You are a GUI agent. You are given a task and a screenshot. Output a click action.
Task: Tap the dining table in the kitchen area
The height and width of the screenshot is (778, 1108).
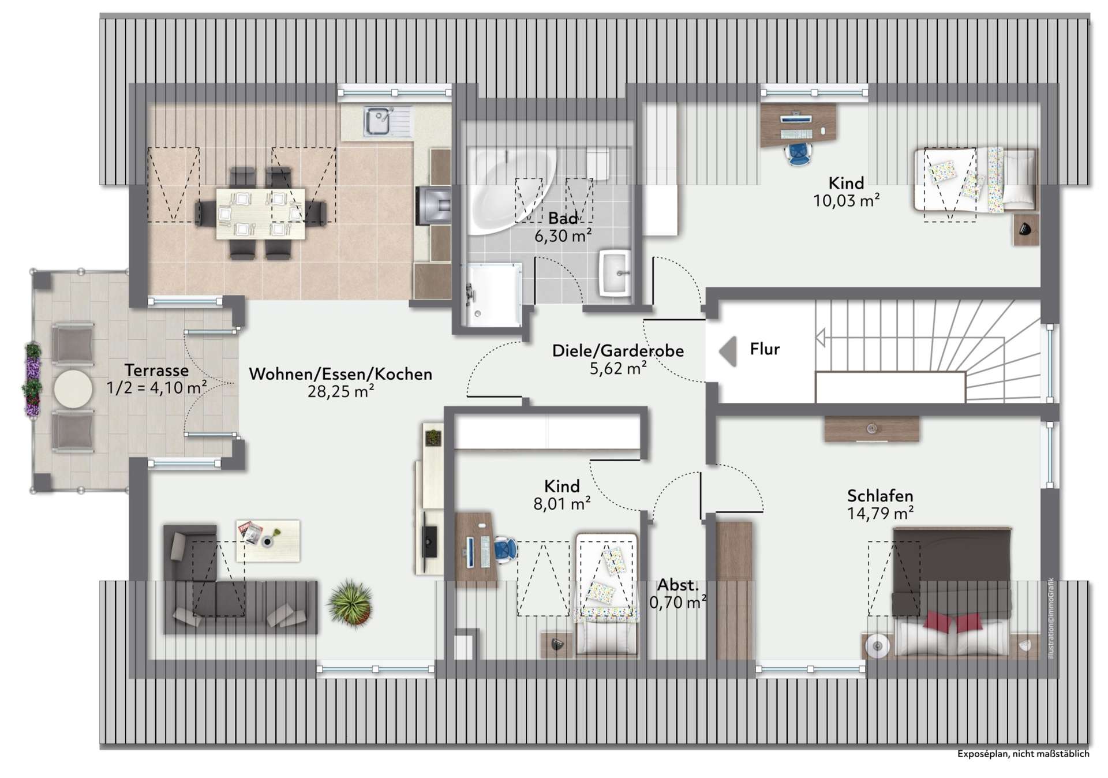(x=261, y=214)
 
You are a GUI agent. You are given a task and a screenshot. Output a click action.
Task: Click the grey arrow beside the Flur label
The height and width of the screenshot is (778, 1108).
(x=728, y=350)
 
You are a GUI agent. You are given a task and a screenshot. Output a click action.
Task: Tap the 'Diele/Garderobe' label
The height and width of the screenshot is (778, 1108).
(x=618, y=350)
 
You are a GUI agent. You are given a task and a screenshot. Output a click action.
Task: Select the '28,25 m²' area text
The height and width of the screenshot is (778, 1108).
(x=340, y=392)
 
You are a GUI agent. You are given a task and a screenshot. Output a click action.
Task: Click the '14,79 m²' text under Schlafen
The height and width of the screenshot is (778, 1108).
(x=880, y=513)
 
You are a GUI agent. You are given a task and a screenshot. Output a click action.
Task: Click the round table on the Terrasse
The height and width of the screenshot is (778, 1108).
(x=73, y=390)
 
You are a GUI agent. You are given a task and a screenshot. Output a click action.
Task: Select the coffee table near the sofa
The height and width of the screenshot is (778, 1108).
(x=268, y=540)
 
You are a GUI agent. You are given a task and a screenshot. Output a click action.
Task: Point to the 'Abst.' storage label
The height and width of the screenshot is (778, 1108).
(x=678, y=585)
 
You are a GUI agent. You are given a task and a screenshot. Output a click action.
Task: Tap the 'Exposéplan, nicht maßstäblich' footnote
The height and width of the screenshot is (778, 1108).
(x=1024, y=754)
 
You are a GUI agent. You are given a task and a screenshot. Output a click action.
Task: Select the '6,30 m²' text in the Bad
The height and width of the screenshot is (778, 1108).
(x=563, y=235)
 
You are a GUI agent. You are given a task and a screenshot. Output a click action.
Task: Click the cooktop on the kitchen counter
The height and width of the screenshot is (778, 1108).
(x=434, y=203)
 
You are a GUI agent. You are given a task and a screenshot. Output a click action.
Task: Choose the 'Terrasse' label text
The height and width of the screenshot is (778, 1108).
(x=156, y=370)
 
